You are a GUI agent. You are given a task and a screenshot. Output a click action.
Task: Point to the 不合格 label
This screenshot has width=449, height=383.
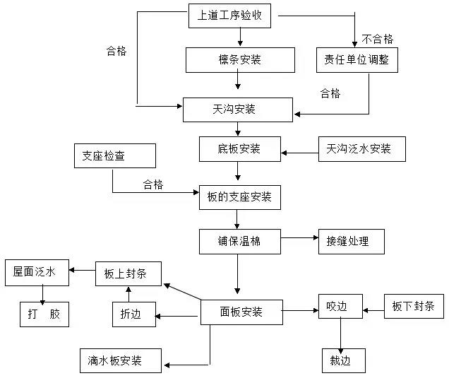(x=378, y=39)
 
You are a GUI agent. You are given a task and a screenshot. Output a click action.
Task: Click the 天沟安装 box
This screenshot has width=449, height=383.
(x=237, y=110)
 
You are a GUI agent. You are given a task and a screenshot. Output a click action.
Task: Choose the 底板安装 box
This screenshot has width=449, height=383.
(x=239, y=149)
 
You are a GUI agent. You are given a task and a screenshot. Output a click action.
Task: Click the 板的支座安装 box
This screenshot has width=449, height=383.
(x=239, y=196)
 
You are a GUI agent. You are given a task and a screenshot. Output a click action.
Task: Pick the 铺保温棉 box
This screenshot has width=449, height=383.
(x=239, y=241)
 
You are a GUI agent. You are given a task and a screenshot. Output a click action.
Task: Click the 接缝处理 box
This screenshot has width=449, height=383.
(x=352, y=242)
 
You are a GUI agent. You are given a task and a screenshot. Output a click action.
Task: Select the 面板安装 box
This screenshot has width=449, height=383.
(x=241, y=312)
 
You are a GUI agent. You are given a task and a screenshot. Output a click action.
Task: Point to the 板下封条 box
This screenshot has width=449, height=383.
(x=414, y=307)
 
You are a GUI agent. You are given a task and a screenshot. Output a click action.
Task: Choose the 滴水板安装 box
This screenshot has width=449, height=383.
(x=121, y=360)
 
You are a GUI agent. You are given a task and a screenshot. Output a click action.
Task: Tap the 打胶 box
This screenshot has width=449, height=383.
(x=44, y=314)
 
